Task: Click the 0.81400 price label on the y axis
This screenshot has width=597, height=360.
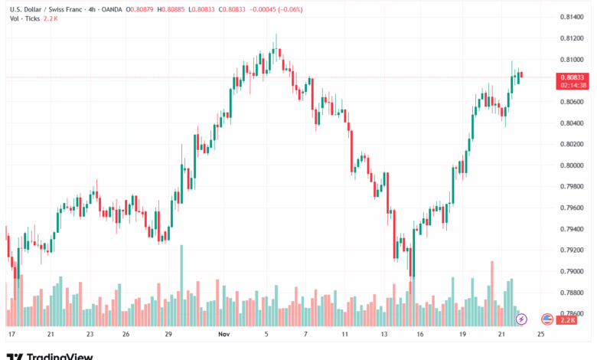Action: pos(573,16)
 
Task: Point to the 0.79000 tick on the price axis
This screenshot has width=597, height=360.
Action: pos(573,271)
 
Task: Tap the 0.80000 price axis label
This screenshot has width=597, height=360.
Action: pos(573,165)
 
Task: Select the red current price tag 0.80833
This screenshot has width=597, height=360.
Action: pos(573,77)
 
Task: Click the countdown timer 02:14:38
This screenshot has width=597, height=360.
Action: pos(573,85)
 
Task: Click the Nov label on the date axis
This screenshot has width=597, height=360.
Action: pos(224,335)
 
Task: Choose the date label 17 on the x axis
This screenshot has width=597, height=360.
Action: pos(11,335)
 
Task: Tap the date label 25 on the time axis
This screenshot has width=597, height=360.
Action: pos(541,335)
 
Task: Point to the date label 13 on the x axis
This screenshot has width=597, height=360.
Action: pos(385,335)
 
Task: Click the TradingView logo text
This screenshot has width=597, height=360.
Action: pos(60,355)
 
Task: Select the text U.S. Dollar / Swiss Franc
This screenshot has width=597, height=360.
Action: pos(46,8)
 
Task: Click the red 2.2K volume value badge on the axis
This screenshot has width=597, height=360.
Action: pos(568,319)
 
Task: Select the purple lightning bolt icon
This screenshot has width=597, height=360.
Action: pos(522,319)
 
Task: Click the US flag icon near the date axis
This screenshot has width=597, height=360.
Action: pos(546,319)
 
